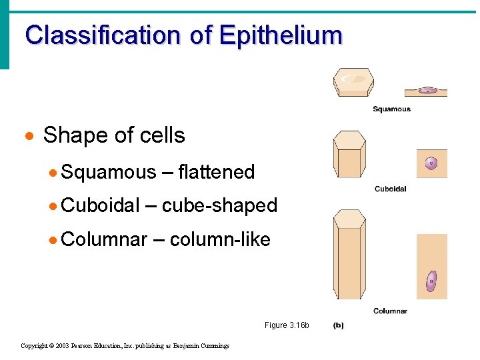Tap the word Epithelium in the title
point(280,35)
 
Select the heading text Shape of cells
point(114,135)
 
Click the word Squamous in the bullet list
point(108,172)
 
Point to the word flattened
point(217,172)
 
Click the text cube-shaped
point(219,205)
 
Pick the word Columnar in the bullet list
point(103,239)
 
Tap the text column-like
point(220,239)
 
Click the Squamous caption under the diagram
point(391,109)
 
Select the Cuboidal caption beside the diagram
point(390,189)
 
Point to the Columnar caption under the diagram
point(390,311)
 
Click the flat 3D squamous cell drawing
point(353,82)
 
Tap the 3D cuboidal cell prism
point(349,154)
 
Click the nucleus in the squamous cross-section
point(427,91)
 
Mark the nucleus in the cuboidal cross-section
point(431,163)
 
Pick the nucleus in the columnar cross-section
point(431,281)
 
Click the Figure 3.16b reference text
point(287,325)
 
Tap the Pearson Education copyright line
point(125,346)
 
